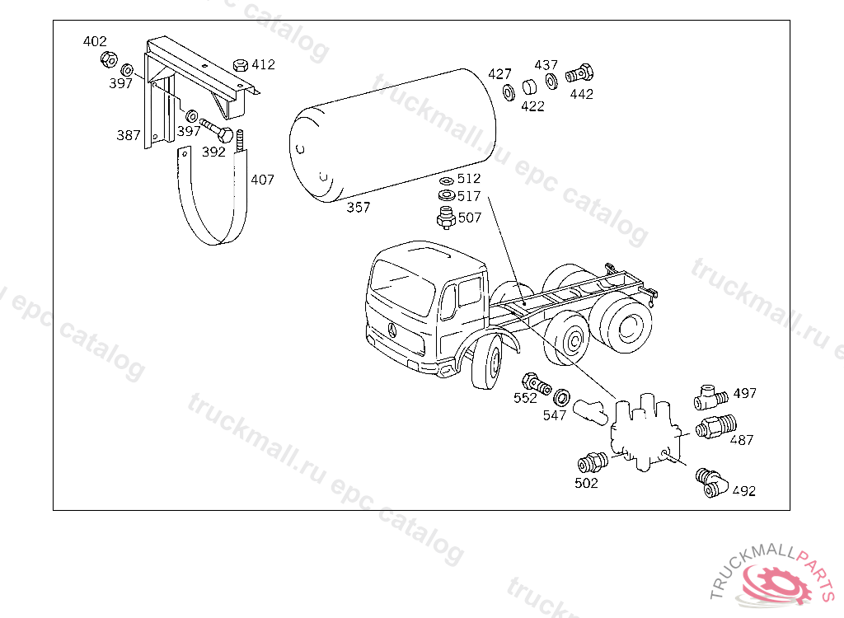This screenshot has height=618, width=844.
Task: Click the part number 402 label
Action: pyautogui.click(x=95, y=41)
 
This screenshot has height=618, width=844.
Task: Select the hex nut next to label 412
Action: pyautogui.click(x=241, y=66)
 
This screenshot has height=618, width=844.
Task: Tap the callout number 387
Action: pyautogui.click(x=129, y=135)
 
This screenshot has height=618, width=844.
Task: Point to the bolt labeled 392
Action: pyautogui.click(x=217, y=129)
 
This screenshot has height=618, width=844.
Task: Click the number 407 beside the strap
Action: pyautogui.click(x=263, y=180)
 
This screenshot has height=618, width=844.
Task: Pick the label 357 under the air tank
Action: pyautogui.click(x=359, y=208)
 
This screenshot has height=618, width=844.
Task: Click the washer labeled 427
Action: pyautogui.click(x=509, y=92)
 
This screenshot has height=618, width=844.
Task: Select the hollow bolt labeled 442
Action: pyautogui.click(x=579, y=74)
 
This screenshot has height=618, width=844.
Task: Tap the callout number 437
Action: pyautogui.click(x=546, y=65)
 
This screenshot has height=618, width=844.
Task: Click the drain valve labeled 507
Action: pyautogui.click(x=446, y=218)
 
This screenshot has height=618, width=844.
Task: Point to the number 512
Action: pyautogui.click(x=469, y=178)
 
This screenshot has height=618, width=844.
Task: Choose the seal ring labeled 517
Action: pyautogui.click(x=447, y=194)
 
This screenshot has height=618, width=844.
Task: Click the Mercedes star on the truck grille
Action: pyautogui.click(x=392, y=330)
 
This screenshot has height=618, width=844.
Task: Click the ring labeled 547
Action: pyautogui.click(x=562, y=398)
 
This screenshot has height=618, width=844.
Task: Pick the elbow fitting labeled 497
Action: pyautogui.click(x=710, y=398)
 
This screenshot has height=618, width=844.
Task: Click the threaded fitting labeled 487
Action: pyautogui.click(x=716, y=426)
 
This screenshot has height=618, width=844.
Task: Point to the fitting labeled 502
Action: pyautogui.click(x=593, y=462)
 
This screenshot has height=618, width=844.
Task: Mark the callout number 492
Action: pyautogui.click(x=744, y=491)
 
